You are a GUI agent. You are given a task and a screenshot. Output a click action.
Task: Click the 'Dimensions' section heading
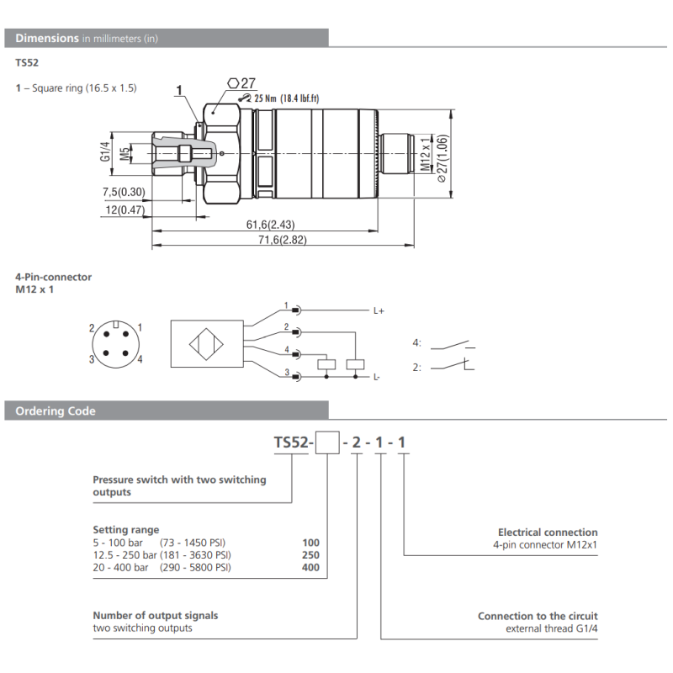pyautogui.click(x=47, y=38)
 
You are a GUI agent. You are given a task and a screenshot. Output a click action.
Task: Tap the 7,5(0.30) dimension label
pyautogui.click(x=121, y=192)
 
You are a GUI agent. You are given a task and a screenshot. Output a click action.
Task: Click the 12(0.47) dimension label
pyautogui.click(x=123, y=209)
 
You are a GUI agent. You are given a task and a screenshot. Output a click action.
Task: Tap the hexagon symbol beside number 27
pyautogui.click(x=233, y=82)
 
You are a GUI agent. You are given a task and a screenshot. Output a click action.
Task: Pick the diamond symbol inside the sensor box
pyautogui.click(x=207, y=346)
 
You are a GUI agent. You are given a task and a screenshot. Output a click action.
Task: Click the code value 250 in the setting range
pyautogui.click(x=311, y=555)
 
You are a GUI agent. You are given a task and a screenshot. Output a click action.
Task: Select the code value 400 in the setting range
pyautogui.click(x=311, y=568)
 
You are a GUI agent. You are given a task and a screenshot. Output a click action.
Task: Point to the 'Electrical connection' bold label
pyautogui.click(x=548, y=533)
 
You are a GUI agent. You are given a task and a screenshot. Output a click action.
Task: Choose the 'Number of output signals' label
pyautogui.click(x=155, y=616)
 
